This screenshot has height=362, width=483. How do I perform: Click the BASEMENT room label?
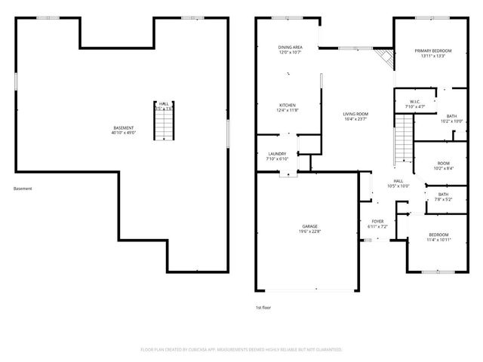(x=125, y=130)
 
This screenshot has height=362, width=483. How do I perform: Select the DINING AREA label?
(x=291, y=50)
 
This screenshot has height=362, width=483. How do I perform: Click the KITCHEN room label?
(x=288, y=108)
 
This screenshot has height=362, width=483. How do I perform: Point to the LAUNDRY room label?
(x=276, y=156)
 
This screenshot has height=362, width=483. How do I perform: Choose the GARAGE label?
(x=310, y=229)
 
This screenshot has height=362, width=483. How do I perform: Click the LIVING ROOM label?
(x=355, y=115)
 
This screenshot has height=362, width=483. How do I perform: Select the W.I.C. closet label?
(x=415, y=104)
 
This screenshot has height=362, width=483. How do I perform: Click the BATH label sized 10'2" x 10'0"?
(x=451, y=118)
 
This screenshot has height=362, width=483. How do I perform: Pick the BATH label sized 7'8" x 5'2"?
(x=443, y=197)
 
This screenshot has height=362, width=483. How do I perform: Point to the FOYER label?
(x=377, y=224)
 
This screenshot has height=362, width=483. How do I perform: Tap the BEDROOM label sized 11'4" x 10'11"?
(x=438, y=237)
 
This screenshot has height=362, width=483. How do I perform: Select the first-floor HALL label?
(x=398, y=183)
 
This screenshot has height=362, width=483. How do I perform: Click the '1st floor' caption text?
(x=263, y=308)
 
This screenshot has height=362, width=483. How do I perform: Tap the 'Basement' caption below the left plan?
(x=23, y=189)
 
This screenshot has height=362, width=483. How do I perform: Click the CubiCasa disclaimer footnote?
(x=241, y=350)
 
